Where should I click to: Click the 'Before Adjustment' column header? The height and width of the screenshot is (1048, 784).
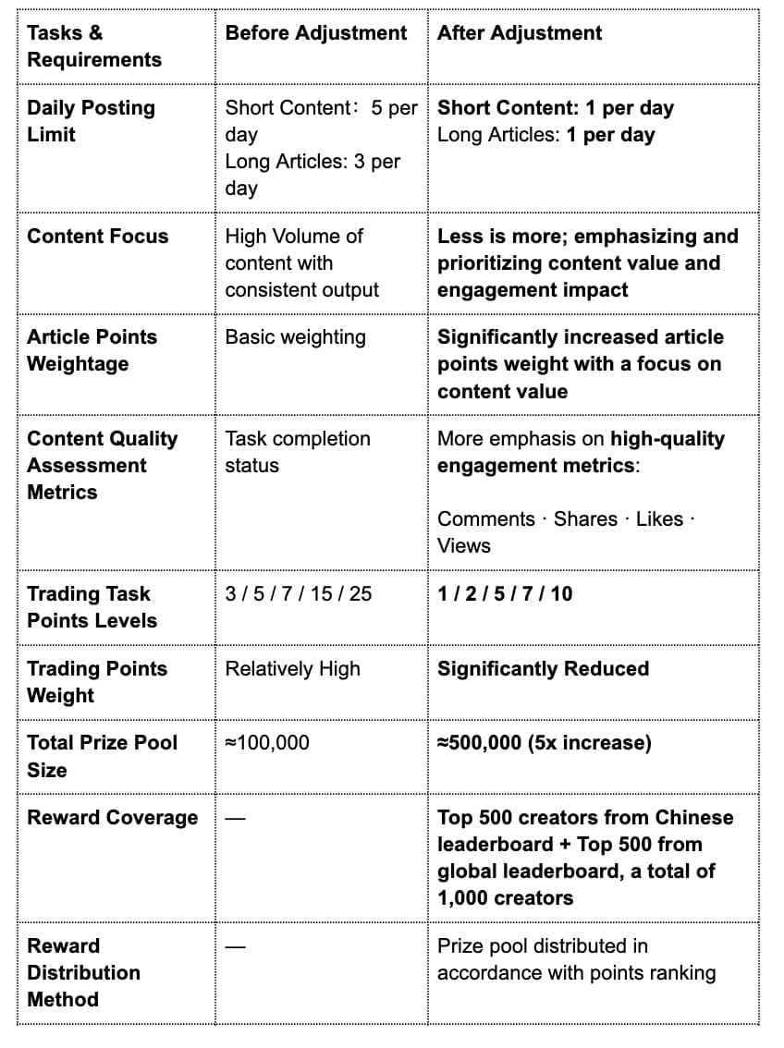[315, 33]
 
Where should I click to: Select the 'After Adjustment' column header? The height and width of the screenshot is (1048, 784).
[519, 33]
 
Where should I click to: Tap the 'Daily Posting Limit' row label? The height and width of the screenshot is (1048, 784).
[91, 121]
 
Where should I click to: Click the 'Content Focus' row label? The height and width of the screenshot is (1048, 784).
[98, 237]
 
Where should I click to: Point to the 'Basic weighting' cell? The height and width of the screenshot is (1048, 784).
[295, 337]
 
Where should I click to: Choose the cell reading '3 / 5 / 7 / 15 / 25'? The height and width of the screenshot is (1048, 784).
[298, 593]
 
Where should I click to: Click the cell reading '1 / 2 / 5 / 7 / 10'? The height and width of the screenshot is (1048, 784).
[505, 593]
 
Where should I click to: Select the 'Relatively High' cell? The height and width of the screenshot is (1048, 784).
[292, 668]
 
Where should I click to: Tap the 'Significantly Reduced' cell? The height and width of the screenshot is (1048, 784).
[543, 668]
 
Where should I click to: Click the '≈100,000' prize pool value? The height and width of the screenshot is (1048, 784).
[267, 742]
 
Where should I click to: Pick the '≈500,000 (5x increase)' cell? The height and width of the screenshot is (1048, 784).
[544, 742]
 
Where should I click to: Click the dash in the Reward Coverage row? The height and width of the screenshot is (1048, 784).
[235, 818]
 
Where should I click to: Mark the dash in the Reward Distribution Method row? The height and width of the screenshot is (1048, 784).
[235, 946]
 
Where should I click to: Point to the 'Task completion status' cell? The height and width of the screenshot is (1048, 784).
[297, 452]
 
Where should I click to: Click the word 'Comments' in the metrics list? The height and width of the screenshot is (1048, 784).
[485, 519]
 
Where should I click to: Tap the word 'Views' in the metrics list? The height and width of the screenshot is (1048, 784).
[463, 546]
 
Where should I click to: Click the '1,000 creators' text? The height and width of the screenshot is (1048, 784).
[505, 898]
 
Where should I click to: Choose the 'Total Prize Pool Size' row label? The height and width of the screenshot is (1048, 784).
[102, 756]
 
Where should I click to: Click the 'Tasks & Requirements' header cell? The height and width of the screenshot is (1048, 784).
[93, 46]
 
